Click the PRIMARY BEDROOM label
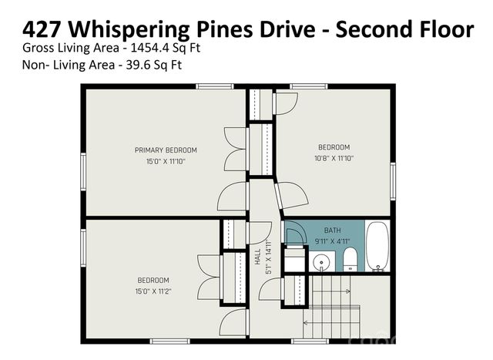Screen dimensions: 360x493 tap(166, 150)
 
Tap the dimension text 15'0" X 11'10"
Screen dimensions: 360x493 tap(166, 162)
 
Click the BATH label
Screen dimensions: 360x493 tap(332, 230)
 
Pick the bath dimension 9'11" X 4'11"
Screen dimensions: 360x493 tap(332, 241)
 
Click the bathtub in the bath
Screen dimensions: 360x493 tap(377, 247)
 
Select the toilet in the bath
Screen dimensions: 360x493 tap(349, 259)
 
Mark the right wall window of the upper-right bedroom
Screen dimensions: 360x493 tap(393, 180)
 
